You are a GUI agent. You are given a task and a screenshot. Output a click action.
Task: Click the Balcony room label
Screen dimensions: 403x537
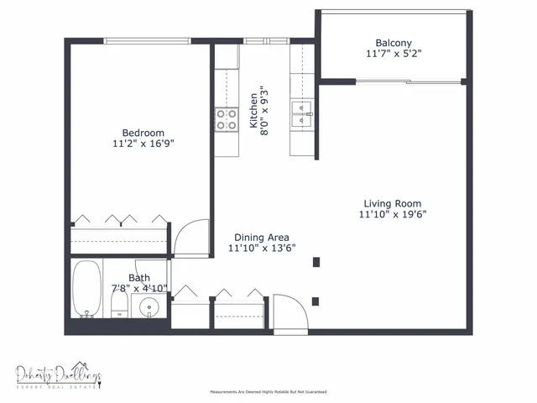click(394, 43)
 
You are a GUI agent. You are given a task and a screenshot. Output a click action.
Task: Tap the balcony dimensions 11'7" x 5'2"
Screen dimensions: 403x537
click(394, 55)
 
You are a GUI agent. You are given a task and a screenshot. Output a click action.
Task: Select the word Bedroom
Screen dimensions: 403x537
click(143, 133)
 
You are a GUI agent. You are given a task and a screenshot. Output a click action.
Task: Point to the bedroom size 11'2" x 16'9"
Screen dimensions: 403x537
click(143, 144)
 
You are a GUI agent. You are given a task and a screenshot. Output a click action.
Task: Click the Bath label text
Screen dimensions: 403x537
click(139, 278)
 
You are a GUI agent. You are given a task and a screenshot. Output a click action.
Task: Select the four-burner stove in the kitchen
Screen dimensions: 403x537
click(226, 120)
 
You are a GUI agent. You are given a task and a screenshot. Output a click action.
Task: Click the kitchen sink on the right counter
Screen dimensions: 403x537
click(301, 112)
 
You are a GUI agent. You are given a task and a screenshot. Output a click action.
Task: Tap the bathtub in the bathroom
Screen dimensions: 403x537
click(86, 290)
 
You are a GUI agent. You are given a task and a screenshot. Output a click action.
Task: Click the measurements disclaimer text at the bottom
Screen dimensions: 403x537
click(268, 392)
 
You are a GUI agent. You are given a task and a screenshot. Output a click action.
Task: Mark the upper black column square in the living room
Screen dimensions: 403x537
click(315, 263)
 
